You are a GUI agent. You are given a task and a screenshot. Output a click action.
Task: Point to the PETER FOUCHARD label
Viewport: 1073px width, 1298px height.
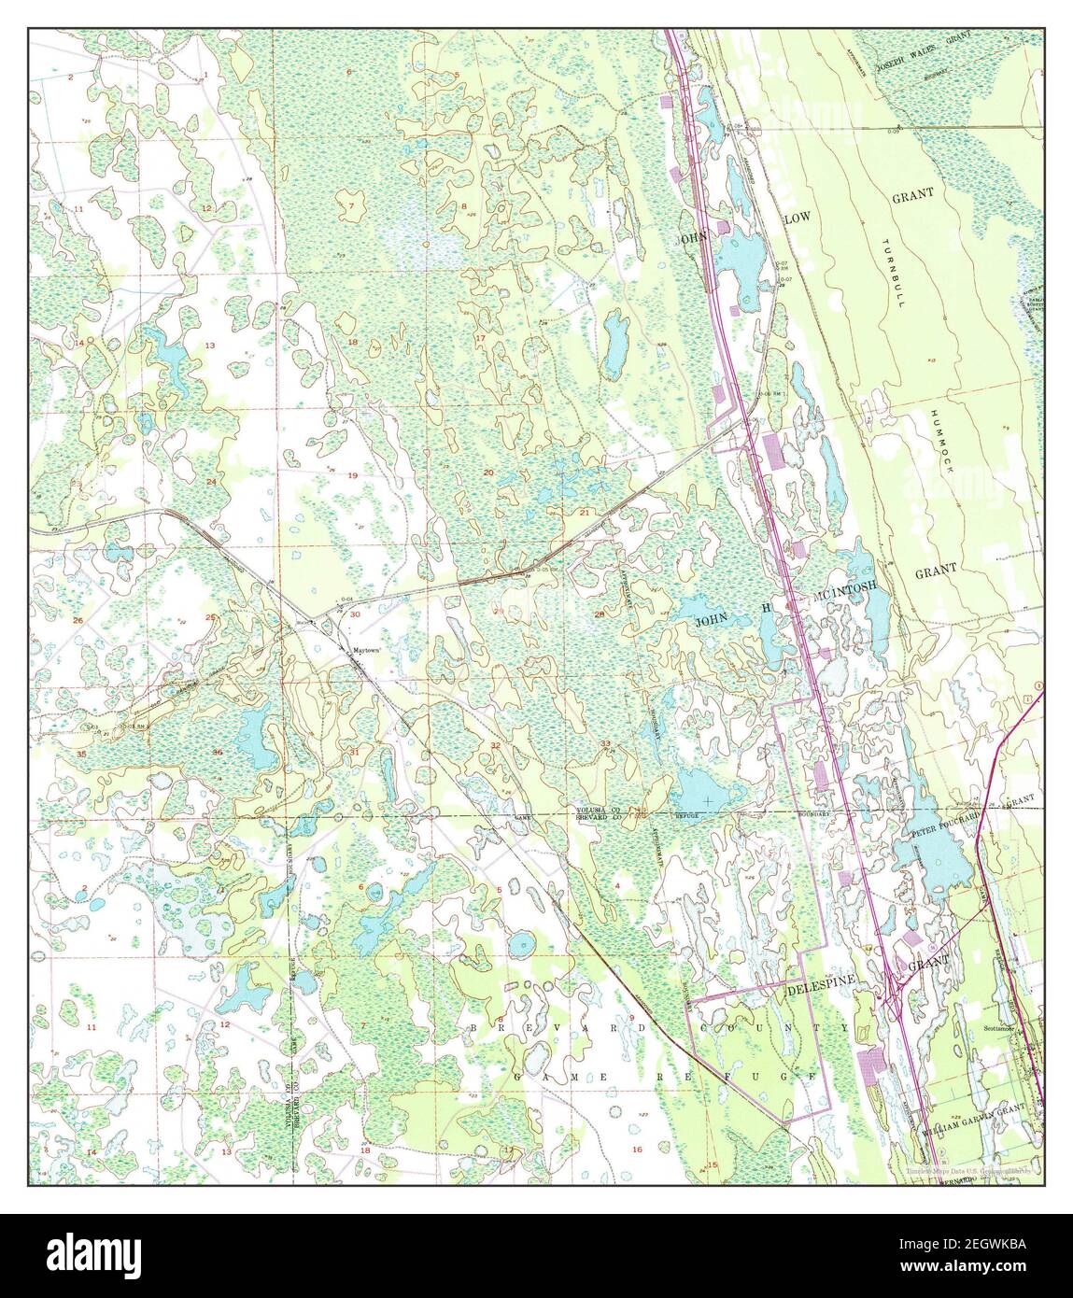pyautogui.click(x=947, y=822)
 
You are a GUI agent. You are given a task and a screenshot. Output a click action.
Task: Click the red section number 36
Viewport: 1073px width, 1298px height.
pyautogui.click(x=218, y=753)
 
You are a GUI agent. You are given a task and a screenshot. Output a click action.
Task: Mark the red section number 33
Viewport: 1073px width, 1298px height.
pyautogui.click(x=605, y=743)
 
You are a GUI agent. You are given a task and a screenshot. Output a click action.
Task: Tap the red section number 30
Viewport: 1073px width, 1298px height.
pyautogui.click(x=355, y=614)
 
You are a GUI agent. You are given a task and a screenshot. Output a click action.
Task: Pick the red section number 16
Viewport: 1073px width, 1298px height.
pyautogui.click(x=637, y=1150)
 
